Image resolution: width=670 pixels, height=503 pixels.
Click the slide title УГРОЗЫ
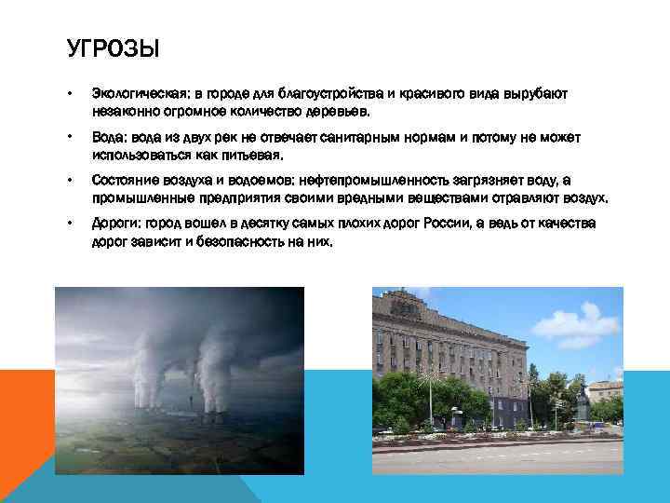coord(108,48)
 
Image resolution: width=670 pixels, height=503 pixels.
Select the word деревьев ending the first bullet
coord(342,112)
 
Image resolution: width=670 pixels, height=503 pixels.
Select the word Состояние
coord(125,181)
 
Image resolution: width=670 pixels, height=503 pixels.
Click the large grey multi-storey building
coord(447,345)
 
